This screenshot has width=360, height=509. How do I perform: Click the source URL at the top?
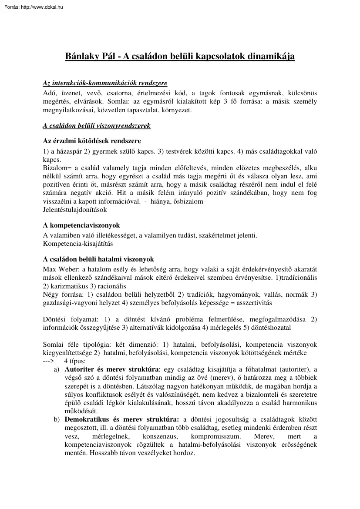(32, 7)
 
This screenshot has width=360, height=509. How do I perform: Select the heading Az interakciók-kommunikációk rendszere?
(104, 83)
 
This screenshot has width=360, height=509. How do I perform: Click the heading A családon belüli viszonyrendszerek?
(96, 126)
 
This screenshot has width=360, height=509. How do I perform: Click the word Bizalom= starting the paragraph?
(55, 168)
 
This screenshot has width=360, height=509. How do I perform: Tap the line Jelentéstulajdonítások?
(75, 209)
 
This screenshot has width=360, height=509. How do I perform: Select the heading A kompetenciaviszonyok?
(81, 225)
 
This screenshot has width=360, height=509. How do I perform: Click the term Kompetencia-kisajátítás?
(78, 244)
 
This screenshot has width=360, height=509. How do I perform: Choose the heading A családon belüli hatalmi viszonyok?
(98, 259)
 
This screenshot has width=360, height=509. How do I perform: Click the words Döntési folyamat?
(67, 319)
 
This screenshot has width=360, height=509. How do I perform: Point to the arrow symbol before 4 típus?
(48, 361)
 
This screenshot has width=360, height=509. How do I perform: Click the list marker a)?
(56, 369)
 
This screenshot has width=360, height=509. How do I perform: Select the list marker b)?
(57, 419)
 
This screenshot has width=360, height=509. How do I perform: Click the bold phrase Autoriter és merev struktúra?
(111, 369)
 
